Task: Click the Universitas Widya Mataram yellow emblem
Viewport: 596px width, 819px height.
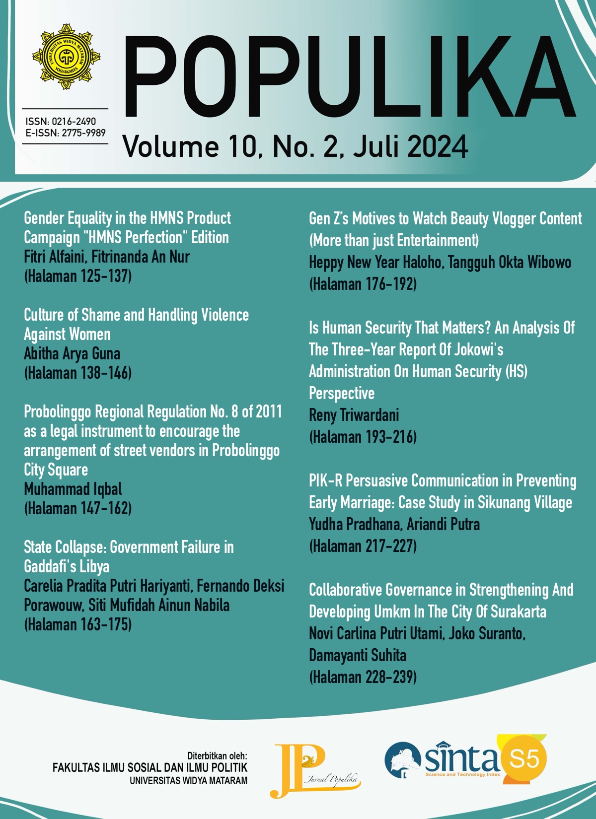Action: tap(66, 57)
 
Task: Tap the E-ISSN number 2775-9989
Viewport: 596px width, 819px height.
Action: tap(83, 133)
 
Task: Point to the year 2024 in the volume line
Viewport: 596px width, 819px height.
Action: tap(437, 147)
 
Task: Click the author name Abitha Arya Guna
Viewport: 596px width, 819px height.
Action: tap(72, 353)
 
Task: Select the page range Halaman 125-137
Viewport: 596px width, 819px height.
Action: tap(78, 276)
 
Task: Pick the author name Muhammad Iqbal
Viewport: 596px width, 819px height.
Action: tap(73, 489)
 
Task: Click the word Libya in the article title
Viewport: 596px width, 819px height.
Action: tap(94, 566)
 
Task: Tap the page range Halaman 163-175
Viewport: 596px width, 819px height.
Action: tap(78, 624)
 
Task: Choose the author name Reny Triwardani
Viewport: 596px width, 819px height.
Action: tap(354, 415)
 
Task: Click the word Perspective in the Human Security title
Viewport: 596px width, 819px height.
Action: tap(342, 393)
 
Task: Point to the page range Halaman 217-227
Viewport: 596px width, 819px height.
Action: tap(363, 546)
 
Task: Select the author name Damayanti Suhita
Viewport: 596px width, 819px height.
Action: tap(358, 655)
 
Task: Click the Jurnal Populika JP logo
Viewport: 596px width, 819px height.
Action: tap(313, 769)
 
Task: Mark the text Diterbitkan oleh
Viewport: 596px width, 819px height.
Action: tap(217, 756)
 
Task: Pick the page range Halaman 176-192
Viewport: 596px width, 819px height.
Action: tap(363, 284)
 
